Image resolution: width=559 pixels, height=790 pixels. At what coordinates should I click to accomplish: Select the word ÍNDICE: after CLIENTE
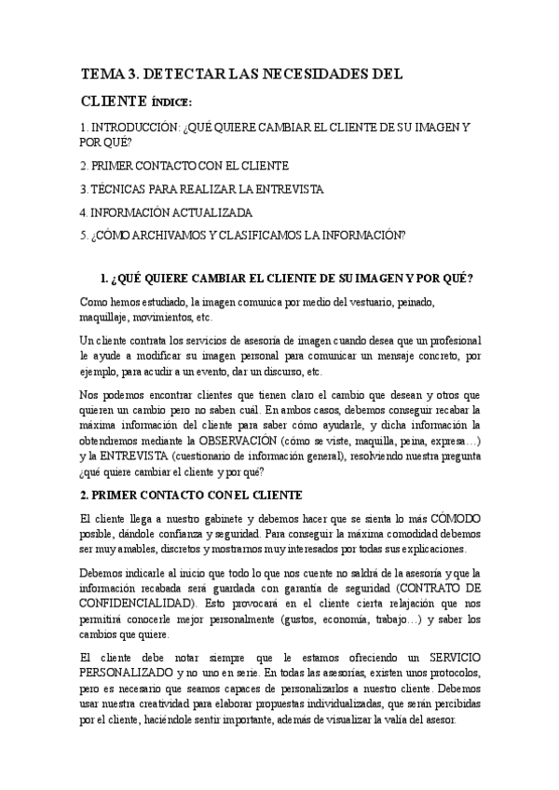coord(171,102)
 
